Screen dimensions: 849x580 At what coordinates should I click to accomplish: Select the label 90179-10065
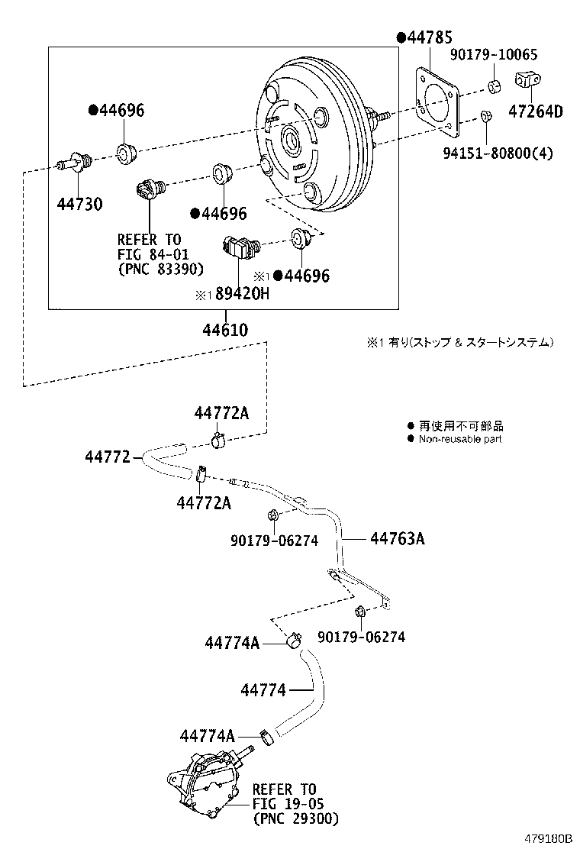[493, 55]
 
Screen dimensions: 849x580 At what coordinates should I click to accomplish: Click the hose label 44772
[108, 457]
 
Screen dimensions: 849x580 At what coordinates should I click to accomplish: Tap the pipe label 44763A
[397, 539]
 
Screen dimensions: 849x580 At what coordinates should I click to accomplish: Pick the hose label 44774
[263, 690]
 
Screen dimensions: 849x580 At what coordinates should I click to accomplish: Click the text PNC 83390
[161, 269]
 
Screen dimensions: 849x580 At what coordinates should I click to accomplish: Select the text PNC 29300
[295, 818]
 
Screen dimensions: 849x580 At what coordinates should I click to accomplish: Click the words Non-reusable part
[460, 439]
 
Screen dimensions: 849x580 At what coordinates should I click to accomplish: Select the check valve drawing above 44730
[76, 162]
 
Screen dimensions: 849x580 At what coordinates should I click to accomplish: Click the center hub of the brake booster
[290, 140]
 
